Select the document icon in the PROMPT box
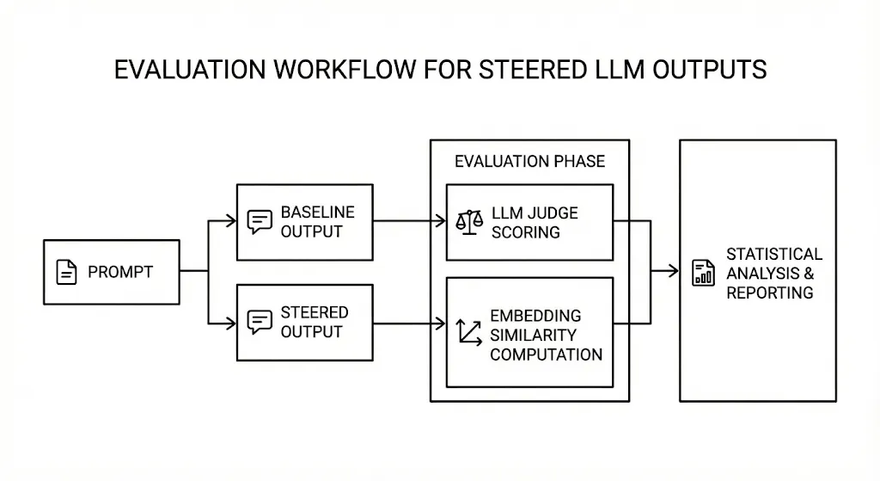66,273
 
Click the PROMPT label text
120,273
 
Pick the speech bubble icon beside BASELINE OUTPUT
260,222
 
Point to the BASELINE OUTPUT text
317,222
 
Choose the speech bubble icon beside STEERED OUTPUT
260,322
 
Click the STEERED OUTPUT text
314,322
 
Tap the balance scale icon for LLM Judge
469,221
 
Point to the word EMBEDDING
535,316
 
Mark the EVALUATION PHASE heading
529,162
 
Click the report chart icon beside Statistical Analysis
703,273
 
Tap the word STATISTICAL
774,254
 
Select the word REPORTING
769,293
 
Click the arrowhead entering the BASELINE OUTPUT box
231,221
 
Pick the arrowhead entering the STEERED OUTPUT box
231,324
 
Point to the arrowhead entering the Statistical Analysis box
674,272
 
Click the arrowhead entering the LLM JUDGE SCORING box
441,221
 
